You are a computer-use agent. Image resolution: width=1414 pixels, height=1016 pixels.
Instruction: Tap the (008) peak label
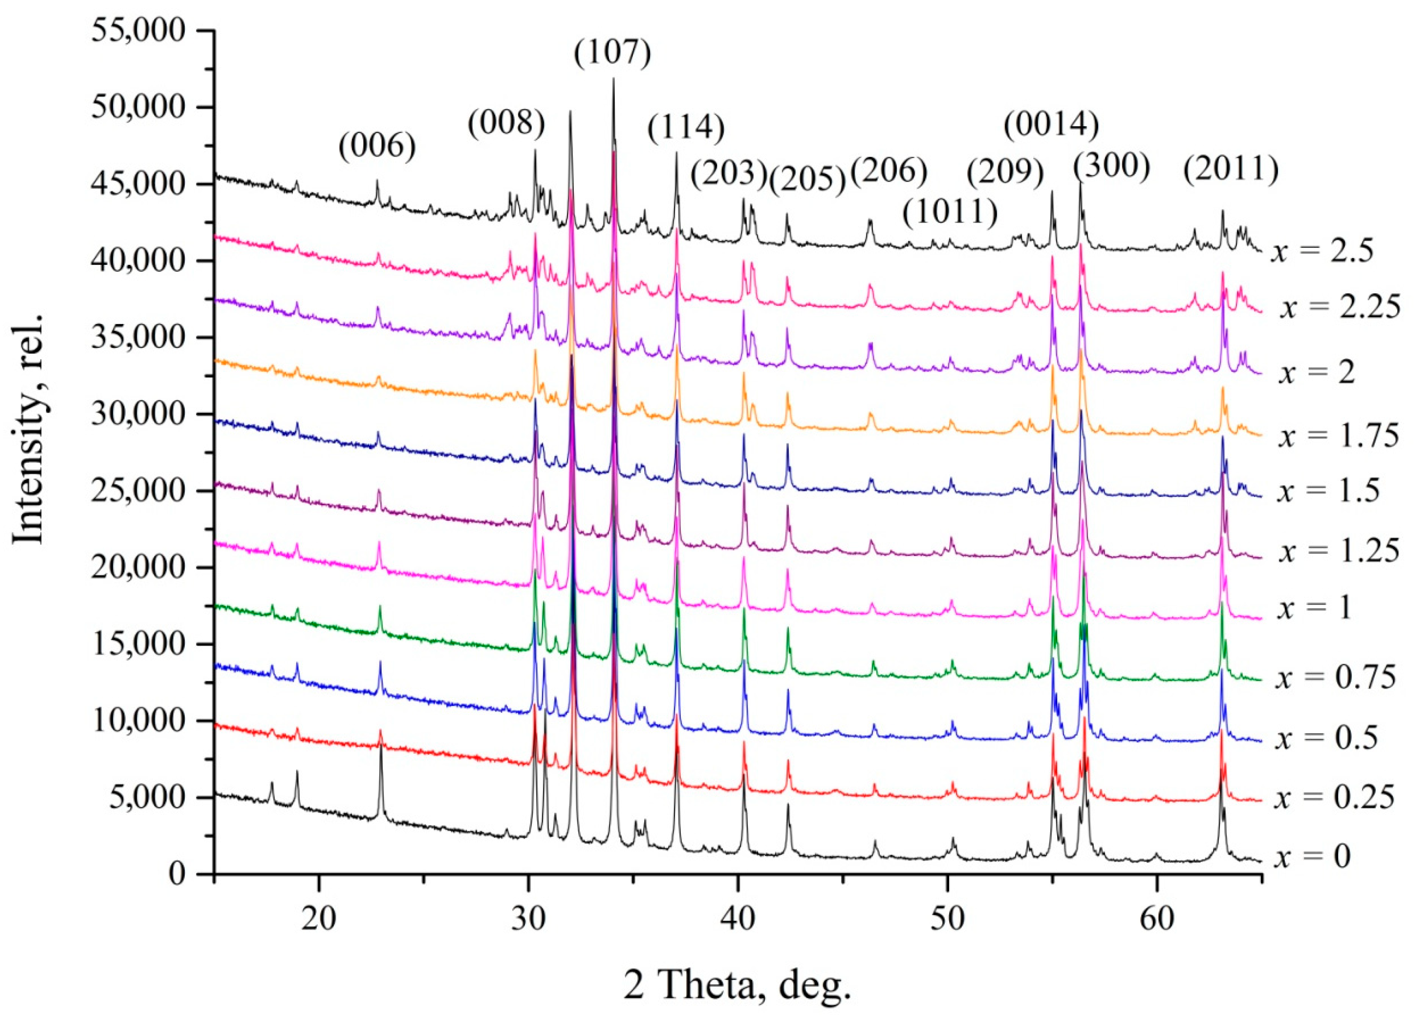point(507,123)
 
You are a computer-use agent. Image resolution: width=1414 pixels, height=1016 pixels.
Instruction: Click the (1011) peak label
point(950,212)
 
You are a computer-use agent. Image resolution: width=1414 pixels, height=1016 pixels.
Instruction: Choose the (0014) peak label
point(1051,124)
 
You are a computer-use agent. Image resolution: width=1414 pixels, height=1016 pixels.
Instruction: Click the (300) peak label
point(1111,167)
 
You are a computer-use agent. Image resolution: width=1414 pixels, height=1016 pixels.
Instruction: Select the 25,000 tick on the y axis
point(138,491)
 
